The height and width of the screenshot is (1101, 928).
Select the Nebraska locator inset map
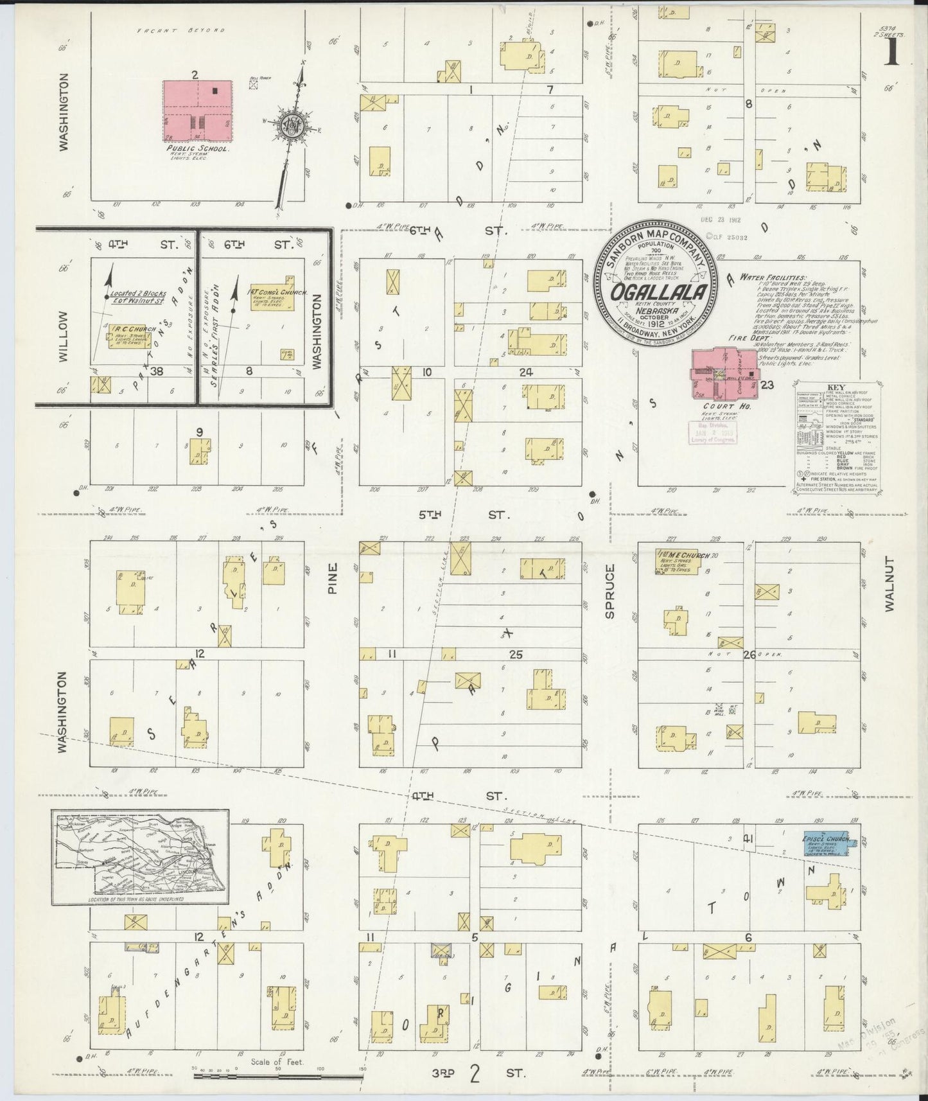[x=141, y=856]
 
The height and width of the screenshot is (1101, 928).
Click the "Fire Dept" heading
[x=744, y=337]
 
